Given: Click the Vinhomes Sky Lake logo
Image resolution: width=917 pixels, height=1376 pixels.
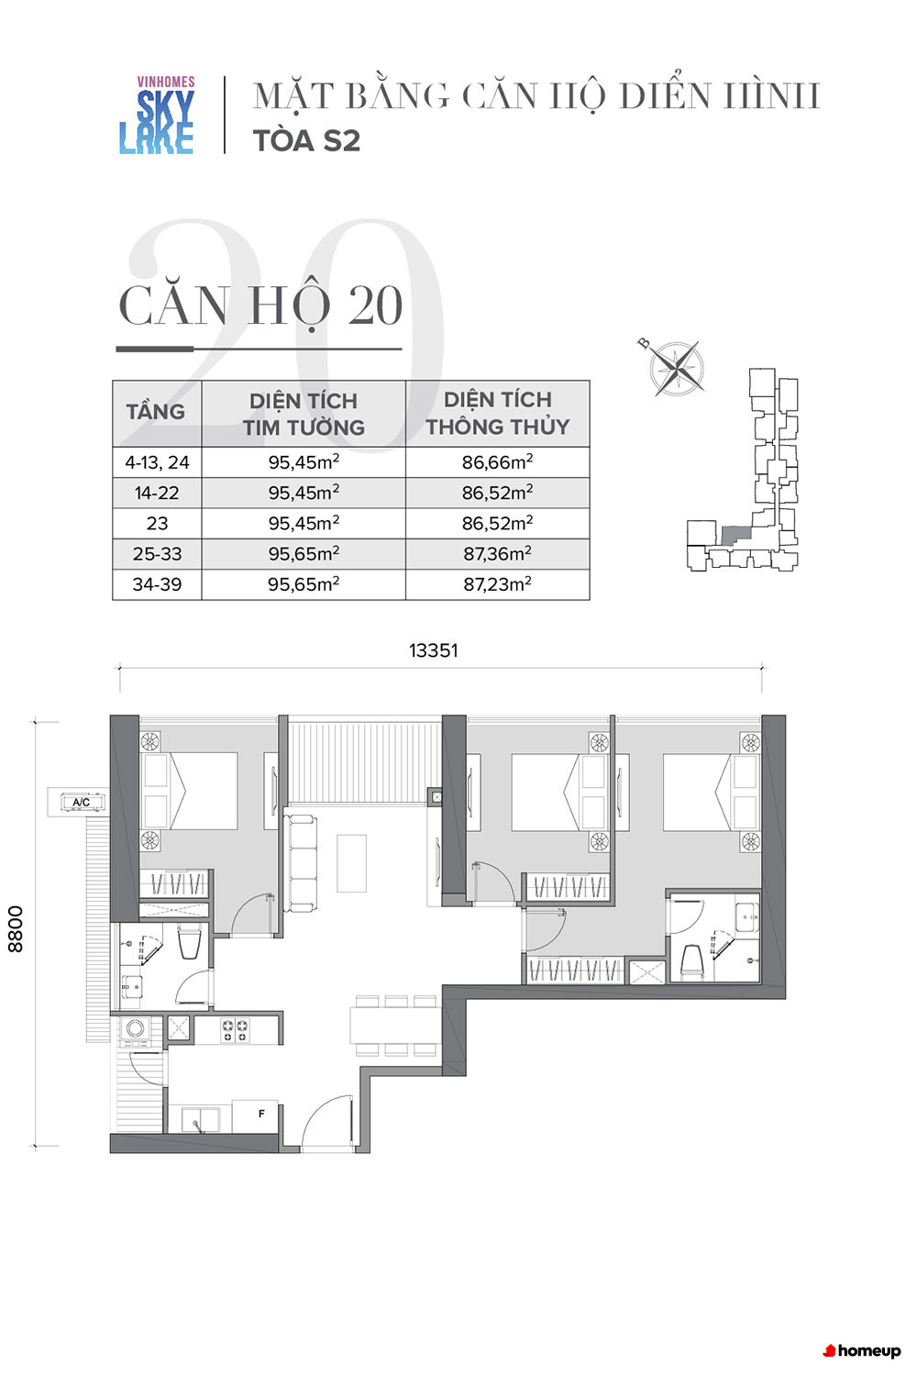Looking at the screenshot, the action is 157,115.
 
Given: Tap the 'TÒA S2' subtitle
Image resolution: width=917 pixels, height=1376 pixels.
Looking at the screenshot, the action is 306,140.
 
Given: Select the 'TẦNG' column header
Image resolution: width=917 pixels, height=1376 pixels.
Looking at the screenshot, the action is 156,412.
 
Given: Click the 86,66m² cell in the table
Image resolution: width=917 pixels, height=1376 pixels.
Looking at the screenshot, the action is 498,462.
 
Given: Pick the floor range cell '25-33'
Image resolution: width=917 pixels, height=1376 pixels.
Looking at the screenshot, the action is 157,553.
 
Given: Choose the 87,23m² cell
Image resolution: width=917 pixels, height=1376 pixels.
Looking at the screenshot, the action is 498,583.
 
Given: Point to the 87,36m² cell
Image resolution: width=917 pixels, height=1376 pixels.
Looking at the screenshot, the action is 498,553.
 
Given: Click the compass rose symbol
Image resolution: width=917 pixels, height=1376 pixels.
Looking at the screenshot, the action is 676,368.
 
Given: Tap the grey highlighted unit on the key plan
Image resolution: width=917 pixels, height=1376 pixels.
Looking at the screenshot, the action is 734,535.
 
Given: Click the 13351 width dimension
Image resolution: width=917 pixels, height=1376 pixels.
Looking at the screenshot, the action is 434,650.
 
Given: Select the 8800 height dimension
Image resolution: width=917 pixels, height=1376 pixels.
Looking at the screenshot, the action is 16,928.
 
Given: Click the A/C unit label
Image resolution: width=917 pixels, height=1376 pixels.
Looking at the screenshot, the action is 82,803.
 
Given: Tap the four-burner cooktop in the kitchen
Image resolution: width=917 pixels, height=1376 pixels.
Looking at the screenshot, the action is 236,1030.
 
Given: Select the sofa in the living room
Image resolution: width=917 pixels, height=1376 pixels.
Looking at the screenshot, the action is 301,863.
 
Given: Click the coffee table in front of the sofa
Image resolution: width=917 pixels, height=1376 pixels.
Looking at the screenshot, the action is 351,863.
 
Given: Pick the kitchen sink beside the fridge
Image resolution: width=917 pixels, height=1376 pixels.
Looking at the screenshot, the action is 200,1118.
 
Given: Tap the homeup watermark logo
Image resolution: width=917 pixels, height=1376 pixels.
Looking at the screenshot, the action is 862,1351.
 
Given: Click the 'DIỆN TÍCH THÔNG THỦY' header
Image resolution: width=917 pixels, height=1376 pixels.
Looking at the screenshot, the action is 498,413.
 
